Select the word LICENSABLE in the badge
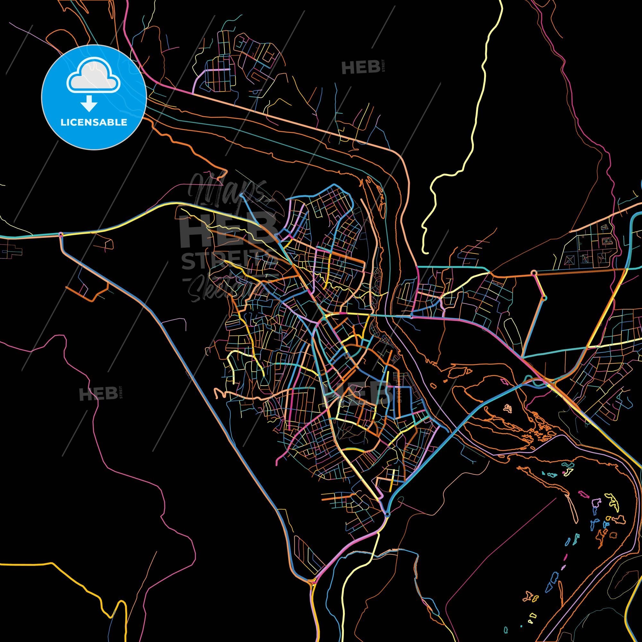[93, 122]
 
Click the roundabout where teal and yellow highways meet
[60, 235]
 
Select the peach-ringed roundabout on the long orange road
[534, 273]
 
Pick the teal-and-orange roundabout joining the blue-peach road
[544, 298]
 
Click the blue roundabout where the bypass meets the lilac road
[387, 515]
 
